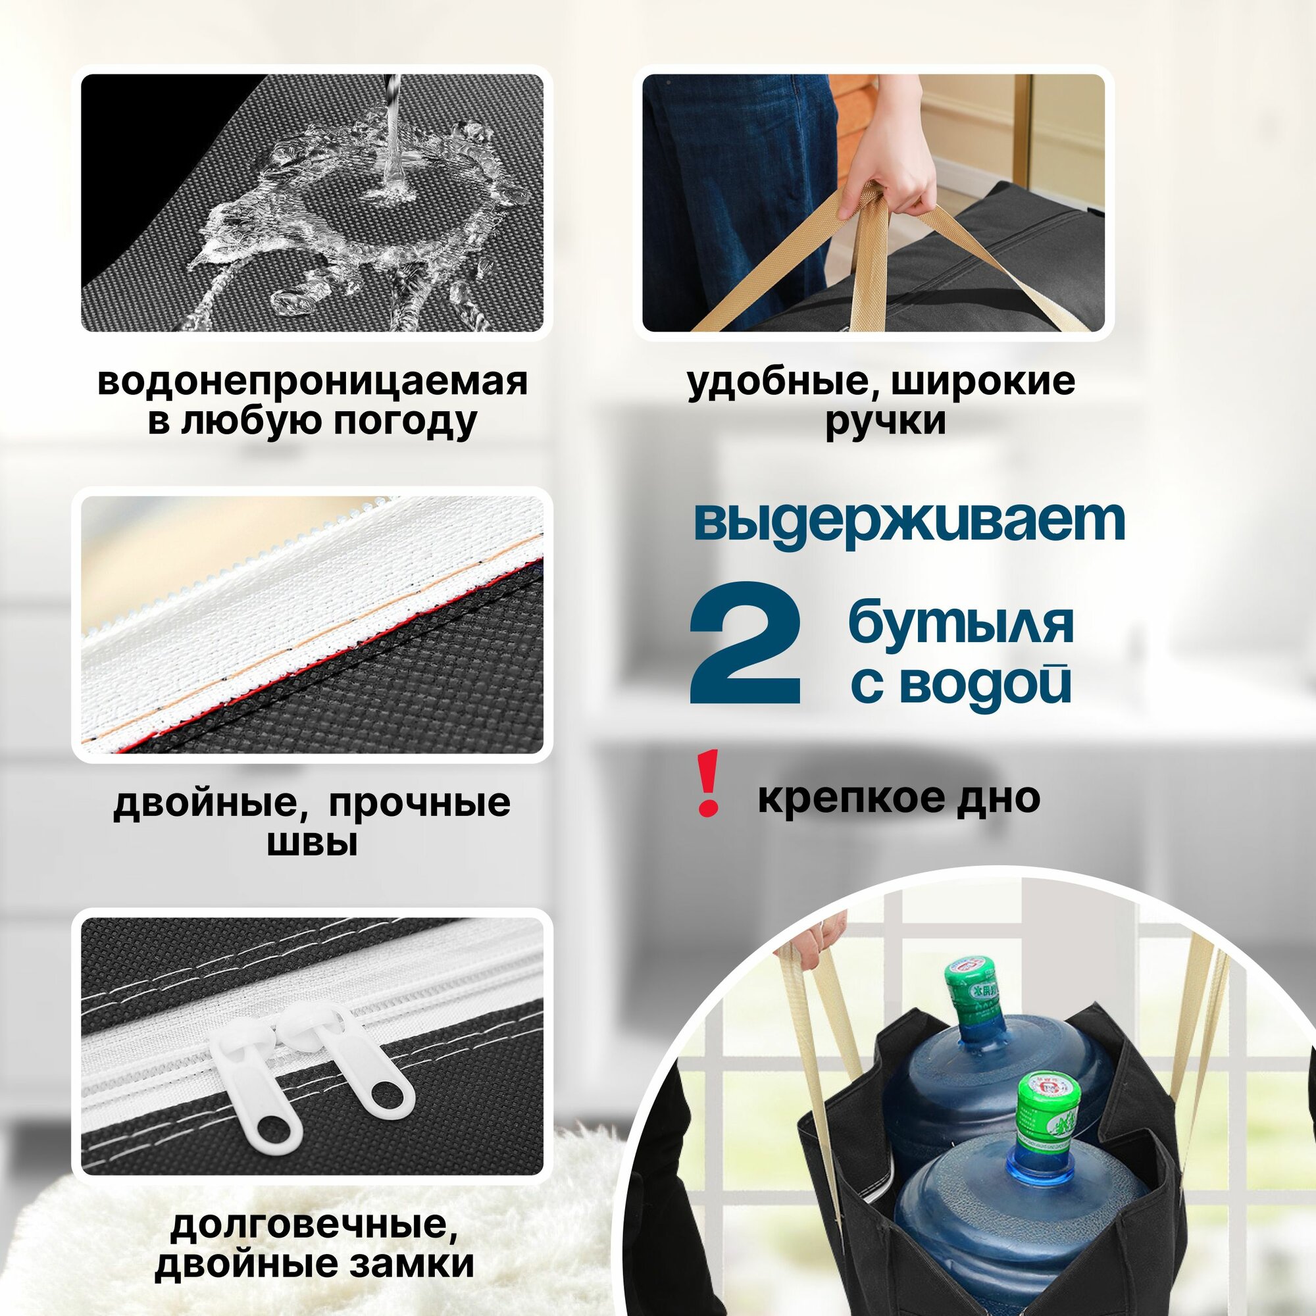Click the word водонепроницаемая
click(x=313, y=382)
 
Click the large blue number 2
click(x=746, y=643)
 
